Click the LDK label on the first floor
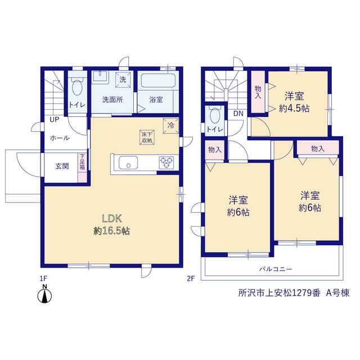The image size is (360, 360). tap(112, 219)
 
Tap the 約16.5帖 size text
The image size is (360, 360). tap(112, 231)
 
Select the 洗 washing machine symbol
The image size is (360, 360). tap(123, 80)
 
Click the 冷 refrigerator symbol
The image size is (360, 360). tap(171, 125)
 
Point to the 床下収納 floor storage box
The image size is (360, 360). tap(147, 137)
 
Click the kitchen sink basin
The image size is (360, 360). tap(128, 163)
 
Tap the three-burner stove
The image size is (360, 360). tap(166, 163)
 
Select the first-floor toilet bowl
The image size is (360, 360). tap(77, 87)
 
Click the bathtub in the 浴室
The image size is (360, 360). tap(158, 80)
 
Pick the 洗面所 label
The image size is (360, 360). tap(112, 100)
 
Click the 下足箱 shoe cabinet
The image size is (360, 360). tap(82, 168)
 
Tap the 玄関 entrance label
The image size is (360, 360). tap(62, 166)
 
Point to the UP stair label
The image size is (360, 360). tap(55, 120)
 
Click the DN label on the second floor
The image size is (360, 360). tap(238, 114)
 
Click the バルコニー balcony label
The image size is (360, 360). tap(276, 269)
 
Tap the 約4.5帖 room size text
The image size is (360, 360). tap(294, 109)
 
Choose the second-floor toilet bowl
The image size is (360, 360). tap(215, 115)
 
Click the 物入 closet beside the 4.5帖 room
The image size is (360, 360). tap(258, 92)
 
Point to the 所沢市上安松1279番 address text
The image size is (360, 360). tap(279, 293)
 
